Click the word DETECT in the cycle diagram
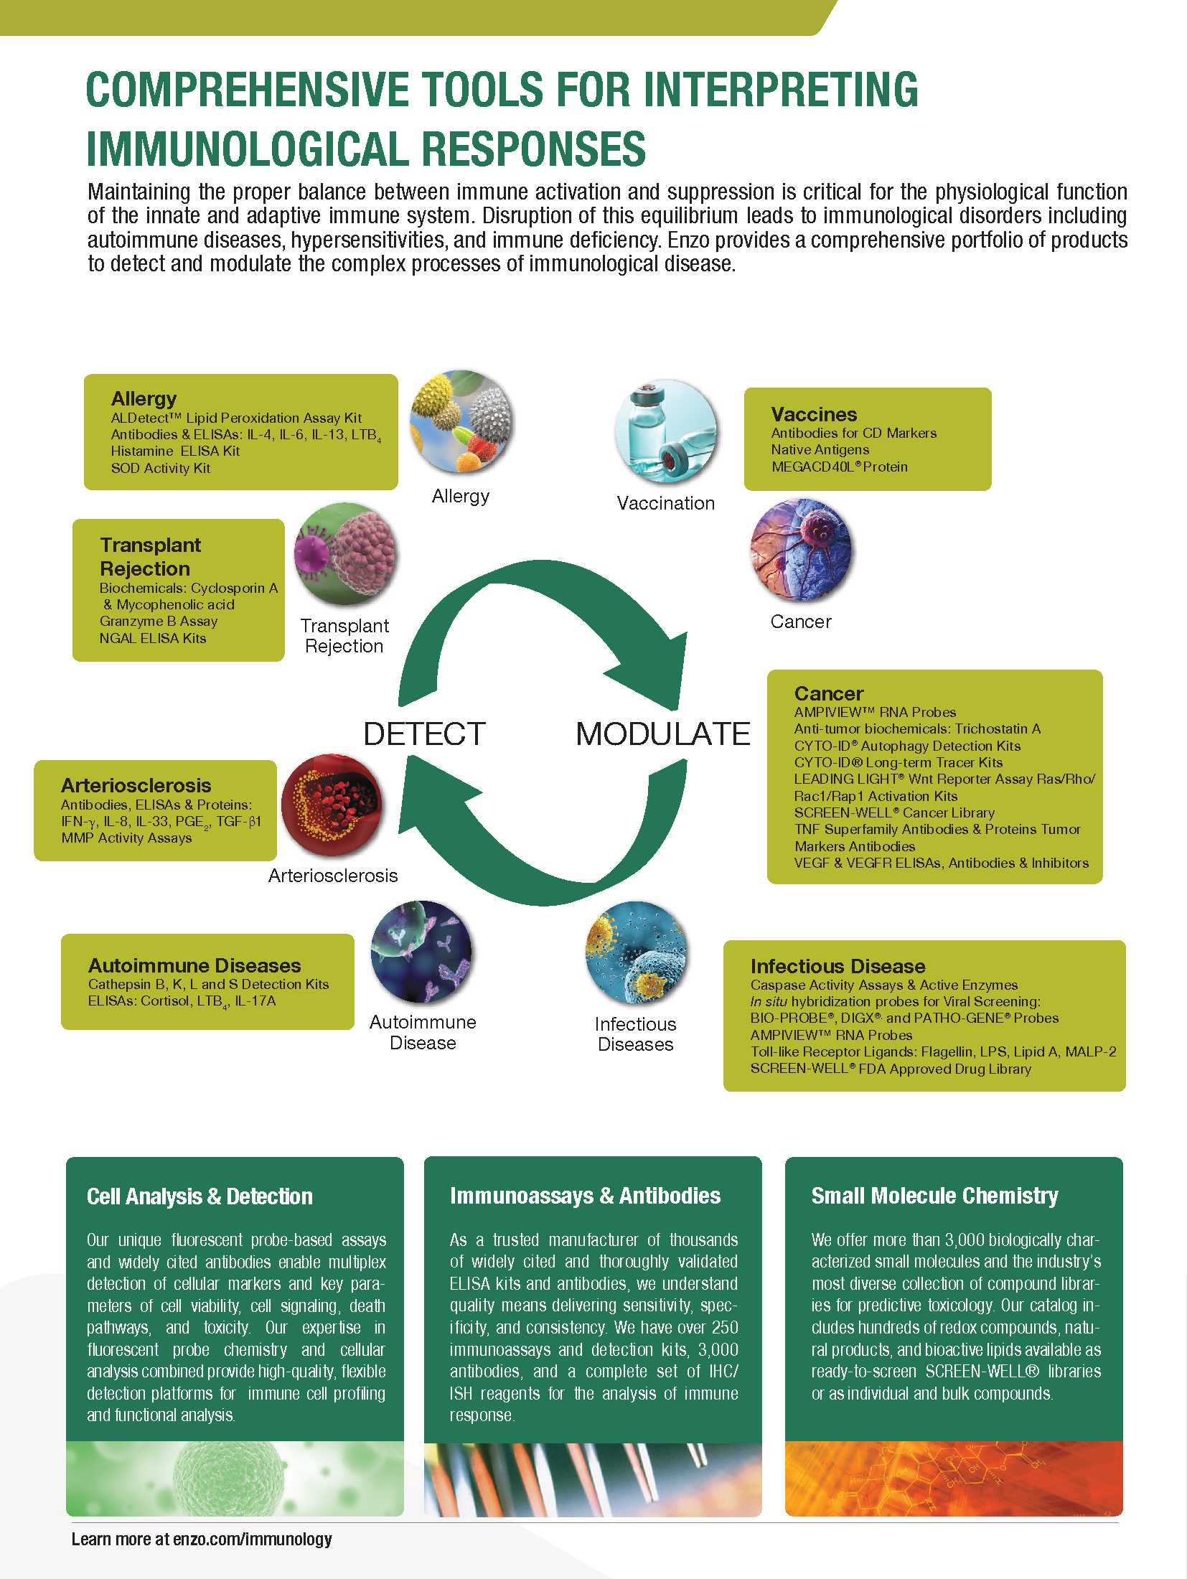pos(424,734)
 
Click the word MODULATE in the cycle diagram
pos(662,734)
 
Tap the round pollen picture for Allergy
pos(461,421)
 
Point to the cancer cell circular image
pos(801,550)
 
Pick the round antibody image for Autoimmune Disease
pos(422,952)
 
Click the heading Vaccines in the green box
pos(814,414)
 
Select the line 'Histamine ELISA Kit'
pos(175,451)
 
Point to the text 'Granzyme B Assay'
pos(158,621)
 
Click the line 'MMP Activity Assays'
pos(126,838)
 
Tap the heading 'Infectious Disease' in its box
pos(838,966)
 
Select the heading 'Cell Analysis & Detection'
pos(200,1196)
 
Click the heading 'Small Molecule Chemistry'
pos(934,1196)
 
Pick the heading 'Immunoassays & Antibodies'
pos(585,1196)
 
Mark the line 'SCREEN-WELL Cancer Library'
pos(893,812)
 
